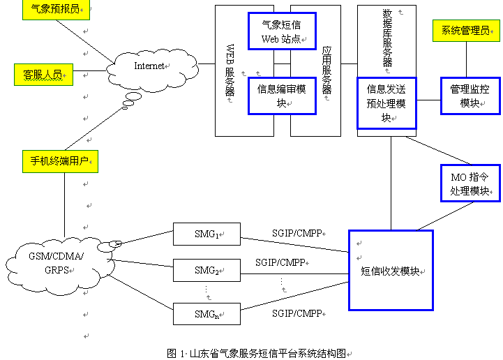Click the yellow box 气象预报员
[55, 10]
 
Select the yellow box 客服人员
[43, 74]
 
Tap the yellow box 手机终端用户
[59, 161]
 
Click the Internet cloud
[150, 67]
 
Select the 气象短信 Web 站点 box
[281, 31]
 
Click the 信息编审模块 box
[282, 96]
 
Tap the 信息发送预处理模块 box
[386, 103]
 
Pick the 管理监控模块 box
[470, 96]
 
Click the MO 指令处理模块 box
[470, 183]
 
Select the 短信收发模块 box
[391, 270]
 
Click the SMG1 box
[207, 234]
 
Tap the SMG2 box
[207, 270]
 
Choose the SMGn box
[207, 315]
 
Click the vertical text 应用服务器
[326, 70]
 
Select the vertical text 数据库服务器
[387, 38]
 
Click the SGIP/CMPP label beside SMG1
[297, 233]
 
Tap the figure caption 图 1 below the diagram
[257, 353]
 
